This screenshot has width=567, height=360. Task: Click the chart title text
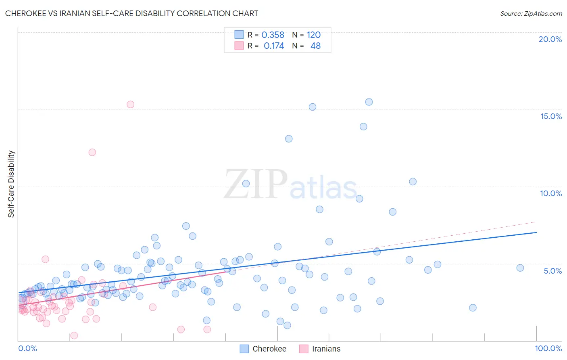click(131, 13)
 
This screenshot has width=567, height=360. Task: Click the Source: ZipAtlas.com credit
click(531, 14)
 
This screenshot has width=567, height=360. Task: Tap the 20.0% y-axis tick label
click(550, 39)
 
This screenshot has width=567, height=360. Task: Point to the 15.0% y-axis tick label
click(551, 116)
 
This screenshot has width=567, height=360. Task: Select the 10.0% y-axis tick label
click(551, 193)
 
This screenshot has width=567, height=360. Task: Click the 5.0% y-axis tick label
click(552, 271)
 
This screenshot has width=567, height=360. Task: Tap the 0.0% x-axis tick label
click(27, 348)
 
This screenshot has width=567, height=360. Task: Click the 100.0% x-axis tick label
click(548, 348)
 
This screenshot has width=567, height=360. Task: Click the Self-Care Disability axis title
click(11, 184)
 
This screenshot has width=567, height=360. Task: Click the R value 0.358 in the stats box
click(273, 35)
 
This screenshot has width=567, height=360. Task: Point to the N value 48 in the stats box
click(315, 46)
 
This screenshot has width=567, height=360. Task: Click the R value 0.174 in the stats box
click(274, 46)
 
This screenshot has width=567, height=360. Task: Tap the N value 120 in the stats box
click(313, 35)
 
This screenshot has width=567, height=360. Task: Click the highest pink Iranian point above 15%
click(130, 105)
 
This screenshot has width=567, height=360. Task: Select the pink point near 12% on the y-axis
click(92, 152)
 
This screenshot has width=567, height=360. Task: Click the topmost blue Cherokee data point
click(369, 102)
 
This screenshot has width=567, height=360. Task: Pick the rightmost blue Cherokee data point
click(520, 268)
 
